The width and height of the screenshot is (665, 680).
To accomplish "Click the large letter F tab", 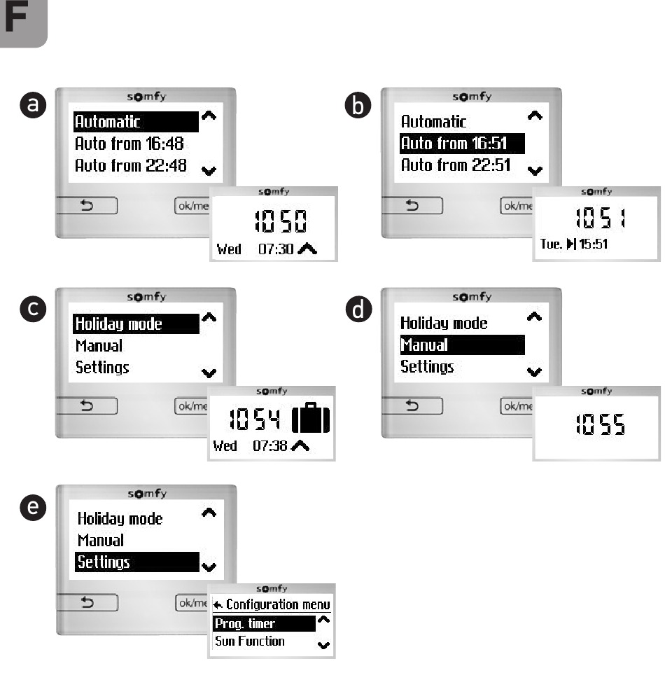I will click(22, 22).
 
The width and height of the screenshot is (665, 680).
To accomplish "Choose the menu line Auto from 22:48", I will click(129, 166).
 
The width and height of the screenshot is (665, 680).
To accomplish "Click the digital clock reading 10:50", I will click(279, 223).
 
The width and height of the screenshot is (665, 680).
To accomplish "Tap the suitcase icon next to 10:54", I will click(310, 419).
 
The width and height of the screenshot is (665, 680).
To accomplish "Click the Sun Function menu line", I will click(250, 641).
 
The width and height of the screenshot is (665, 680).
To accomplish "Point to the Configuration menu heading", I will click(272, 604).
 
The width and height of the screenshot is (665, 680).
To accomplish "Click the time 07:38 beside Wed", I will click(269, 445).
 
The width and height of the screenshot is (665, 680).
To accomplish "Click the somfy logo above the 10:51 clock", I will click(597, 191).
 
